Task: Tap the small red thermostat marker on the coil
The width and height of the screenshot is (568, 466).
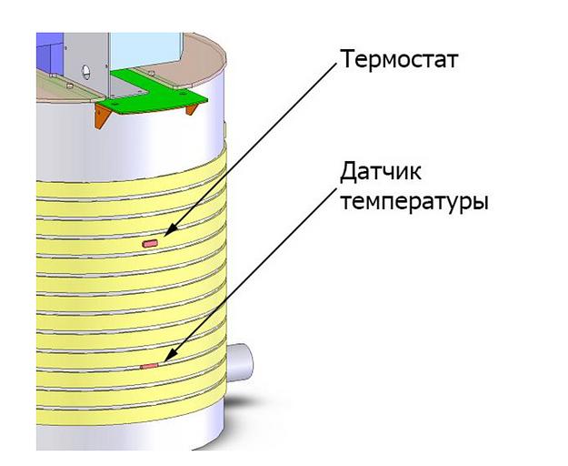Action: [x=150, y=243]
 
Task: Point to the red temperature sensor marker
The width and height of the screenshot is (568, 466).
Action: [x=149, y=366]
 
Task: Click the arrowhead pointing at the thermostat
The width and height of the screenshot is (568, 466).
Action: [x=168, y=233]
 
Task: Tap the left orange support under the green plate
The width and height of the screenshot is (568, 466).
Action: [x=99, y=114]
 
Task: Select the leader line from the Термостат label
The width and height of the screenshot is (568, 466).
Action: [x=254, y=146]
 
